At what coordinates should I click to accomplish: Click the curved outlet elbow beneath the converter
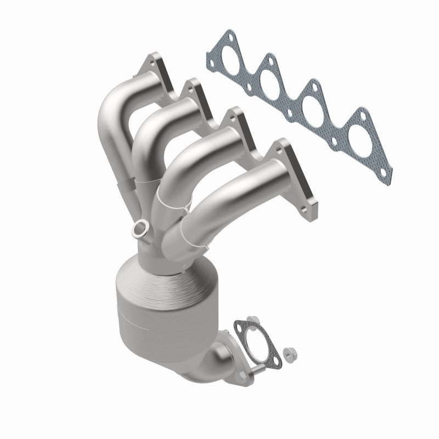click(x=206, y=359)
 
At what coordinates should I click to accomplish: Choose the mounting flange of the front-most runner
click(x=296, y=176)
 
